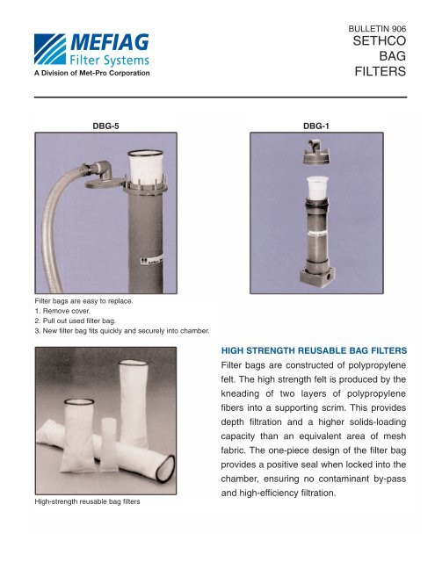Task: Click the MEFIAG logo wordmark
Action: point(112,42)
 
